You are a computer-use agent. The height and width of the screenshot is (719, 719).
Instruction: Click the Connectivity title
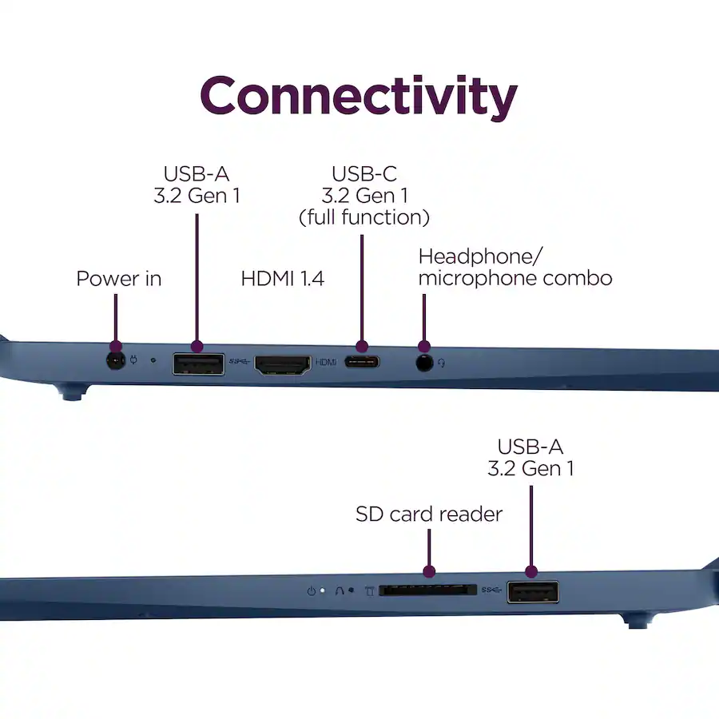click(x=359, y=97)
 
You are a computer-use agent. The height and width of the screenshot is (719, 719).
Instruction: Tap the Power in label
click(x=119, y=279)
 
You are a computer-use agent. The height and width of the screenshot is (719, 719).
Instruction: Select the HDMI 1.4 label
click(x=283, y=279)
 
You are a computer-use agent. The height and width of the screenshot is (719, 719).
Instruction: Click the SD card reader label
click(x=429, y=514)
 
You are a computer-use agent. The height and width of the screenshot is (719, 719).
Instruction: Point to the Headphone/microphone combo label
click(x=515, y=268)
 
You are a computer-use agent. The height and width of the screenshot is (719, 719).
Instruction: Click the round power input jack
click(x=116, y=361)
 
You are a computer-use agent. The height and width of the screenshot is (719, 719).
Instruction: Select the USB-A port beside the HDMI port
click(x=199, y=364)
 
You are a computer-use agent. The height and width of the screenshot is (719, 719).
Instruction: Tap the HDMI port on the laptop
click(x=283, y=365)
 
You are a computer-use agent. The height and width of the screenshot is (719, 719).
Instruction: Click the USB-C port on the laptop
click(x=362, y=362)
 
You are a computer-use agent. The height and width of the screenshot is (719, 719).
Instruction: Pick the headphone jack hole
click(x=425, y=363)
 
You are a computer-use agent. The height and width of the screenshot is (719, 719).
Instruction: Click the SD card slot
click(x=428, y=590)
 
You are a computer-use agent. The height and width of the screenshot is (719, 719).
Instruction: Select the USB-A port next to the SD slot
click(x=533, y=591)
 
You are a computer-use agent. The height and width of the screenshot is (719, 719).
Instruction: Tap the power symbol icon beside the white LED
click(x=312, y=591)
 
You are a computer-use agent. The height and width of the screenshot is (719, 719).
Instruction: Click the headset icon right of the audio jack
click(x=441, y=363)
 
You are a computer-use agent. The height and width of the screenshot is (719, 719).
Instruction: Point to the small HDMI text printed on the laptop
click(x=326, y=362)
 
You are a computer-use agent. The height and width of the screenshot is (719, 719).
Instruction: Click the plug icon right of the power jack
click(x=133, y=360)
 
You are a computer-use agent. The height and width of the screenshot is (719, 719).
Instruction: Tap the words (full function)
click(x=364, y=217)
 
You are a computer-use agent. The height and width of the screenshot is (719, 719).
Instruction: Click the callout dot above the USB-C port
click(x=362, y=347)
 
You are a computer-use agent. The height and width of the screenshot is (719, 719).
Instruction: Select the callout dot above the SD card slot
click(x=429, y=571)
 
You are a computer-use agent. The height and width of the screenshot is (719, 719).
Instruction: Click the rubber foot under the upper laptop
click(x=72, y=393)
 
